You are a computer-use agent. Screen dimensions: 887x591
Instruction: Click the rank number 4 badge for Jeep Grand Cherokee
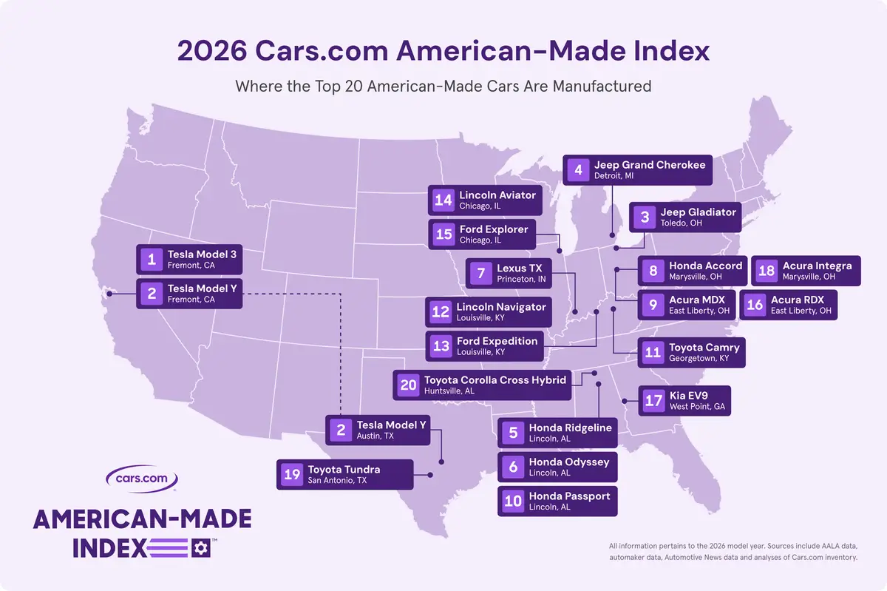pos(578,170)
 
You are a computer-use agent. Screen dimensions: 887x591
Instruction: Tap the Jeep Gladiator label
pos(685,217)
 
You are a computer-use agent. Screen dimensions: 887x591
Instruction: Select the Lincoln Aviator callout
pos(485,200)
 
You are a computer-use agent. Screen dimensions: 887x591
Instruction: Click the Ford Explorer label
pos(482,234)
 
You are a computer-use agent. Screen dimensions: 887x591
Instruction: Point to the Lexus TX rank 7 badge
pos(480,273)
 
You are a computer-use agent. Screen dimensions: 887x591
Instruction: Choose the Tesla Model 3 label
pos(189,259)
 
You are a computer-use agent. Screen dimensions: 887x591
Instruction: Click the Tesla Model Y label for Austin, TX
pos(378,430)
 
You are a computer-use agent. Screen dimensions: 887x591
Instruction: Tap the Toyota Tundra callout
pos(345,474)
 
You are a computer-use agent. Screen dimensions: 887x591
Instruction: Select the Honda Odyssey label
pos(557,467)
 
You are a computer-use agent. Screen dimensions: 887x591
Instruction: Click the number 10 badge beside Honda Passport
pos(513,501)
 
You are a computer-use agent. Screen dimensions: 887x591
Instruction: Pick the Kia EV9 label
pos(684,401)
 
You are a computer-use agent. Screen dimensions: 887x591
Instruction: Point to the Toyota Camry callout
pos(691,352)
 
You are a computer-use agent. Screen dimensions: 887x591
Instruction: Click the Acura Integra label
pos(806,271)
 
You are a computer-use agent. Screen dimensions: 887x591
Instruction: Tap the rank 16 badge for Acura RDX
pos(755,305)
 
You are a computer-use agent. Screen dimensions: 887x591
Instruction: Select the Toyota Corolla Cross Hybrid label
pos(482,385)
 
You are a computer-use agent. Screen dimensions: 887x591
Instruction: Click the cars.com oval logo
pos(142,479)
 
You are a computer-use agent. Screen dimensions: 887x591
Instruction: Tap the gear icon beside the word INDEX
pos(201,548)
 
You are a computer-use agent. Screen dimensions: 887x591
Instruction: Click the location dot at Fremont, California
pos(109,294)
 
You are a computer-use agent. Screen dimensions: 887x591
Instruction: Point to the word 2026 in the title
pos(212,51)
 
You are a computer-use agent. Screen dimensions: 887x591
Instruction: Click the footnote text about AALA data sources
pos(733,551)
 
